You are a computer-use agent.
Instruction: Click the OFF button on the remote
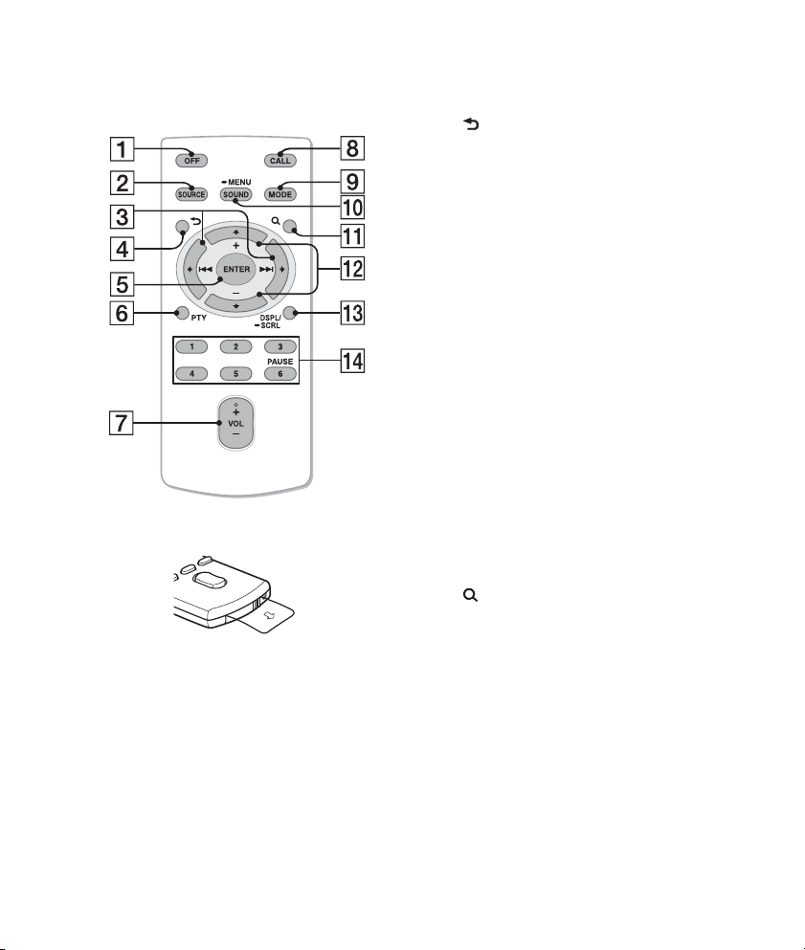tap(191, 161)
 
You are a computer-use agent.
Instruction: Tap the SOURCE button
tap(191, 194)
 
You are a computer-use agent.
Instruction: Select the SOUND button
tap(235, 194)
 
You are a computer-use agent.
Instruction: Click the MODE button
tap(280, 194)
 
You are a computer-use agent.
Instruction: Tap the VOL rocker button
tap(235, 424)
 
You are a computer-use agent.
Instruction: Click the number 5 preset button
tap(235, 374)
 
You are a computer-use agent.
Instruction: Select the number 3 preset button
tap(280, 347)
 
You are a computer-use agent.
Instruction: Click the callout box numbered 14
tap(352, 361)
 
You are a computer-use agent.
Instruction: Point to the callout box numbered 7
tap(122, 423)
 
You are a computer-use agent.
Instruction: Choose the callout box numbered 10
tap(352, 208)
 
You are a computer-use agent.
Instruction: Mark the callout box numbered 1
tap(122, 148)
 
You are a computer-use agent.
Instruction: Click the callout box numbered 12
tap(352, 269)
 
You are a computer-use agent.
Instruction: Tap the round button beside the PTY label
tap(181, 313)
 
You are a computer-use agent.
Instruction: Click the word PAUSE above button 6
tap(280, 361)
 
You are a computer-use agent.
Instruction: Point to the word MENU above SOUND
tap(239, 182)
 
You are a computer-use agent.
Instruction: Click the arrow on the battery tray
tap(270, 615)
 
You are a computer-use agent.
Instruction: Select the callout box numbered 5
tap(122, 284)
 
